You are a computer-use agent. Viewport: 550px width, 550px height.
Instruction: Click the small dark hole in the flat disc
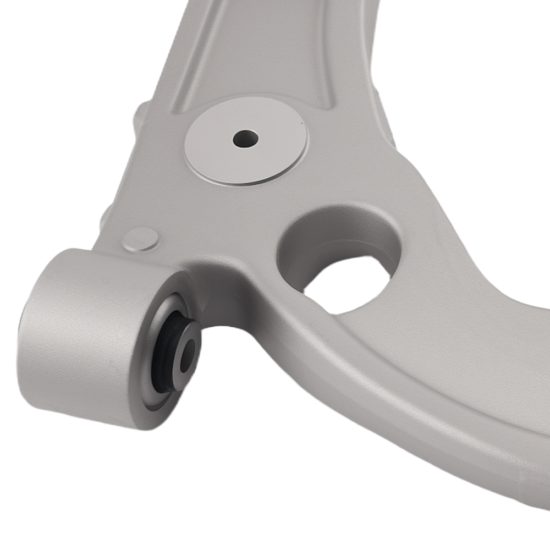(x=245, y=138)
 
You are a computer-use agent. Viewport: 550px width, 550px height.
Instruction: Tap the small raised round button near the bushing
(x=141, y=240)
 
